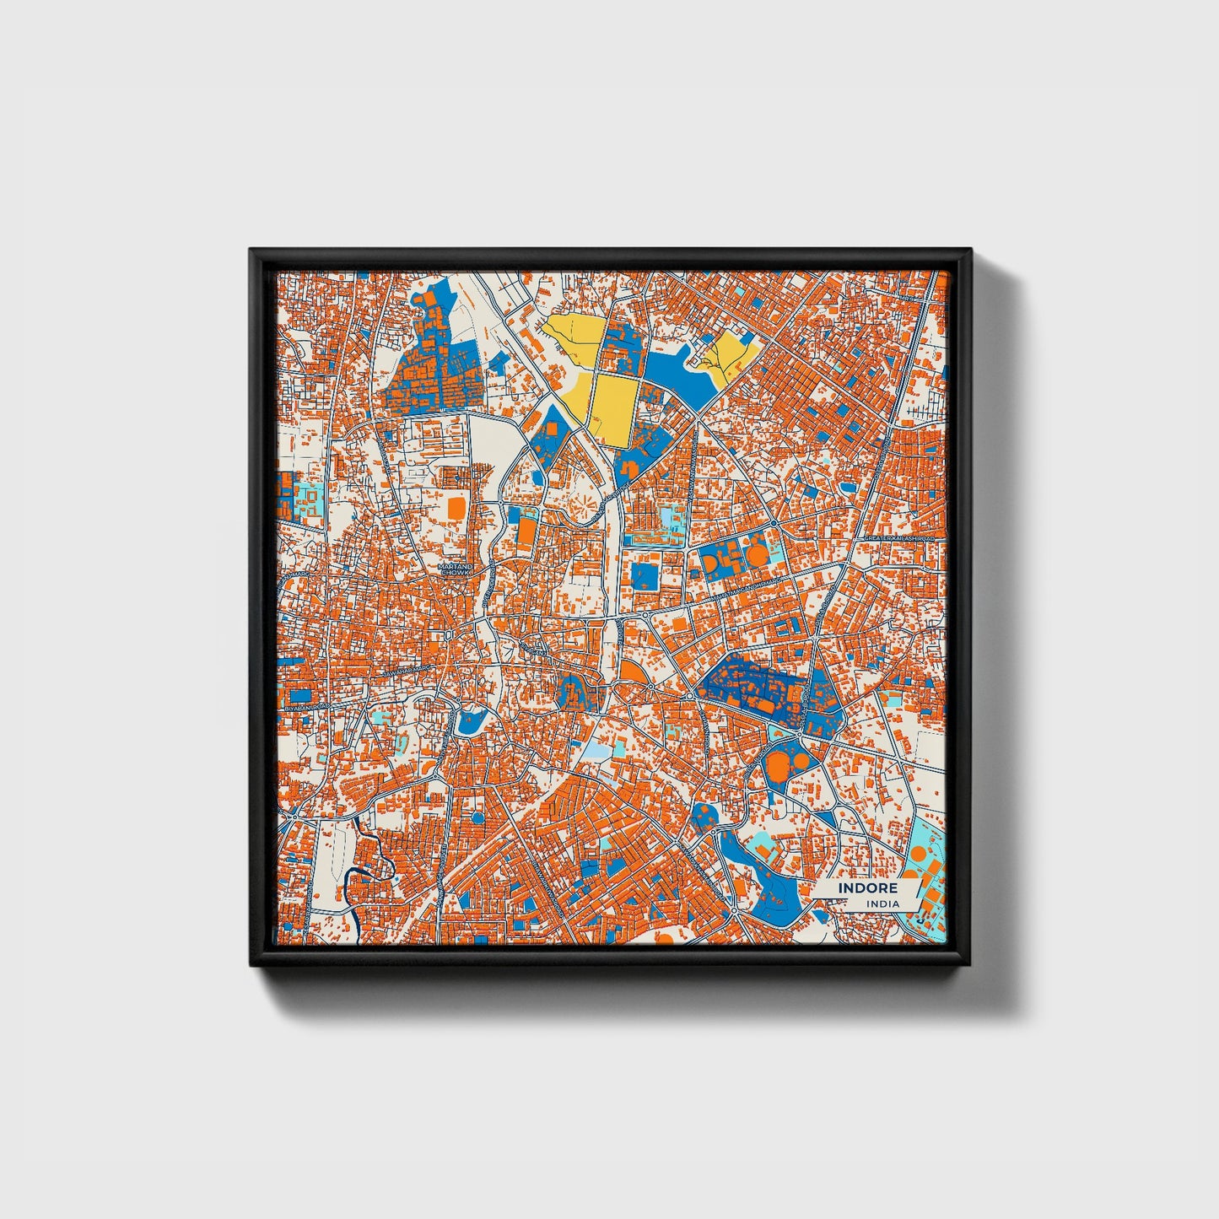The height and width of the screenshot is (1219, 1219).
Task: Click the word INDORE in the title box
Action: [868, 888]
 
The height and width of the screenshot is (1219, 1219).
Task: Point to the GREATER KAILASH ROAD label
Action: [899, 537]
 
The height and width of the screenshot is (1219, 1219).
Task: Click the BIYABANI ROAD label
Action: [303, 707]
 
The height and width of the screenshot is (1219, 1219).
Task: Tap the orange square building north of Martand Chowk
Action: [456, 507]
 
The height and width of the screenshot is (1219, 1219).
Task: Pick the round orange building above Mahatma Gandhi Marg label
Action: [758, 555]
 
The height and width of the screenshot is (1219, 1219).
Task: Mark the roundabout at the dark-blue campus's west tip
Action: [692, 693]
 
